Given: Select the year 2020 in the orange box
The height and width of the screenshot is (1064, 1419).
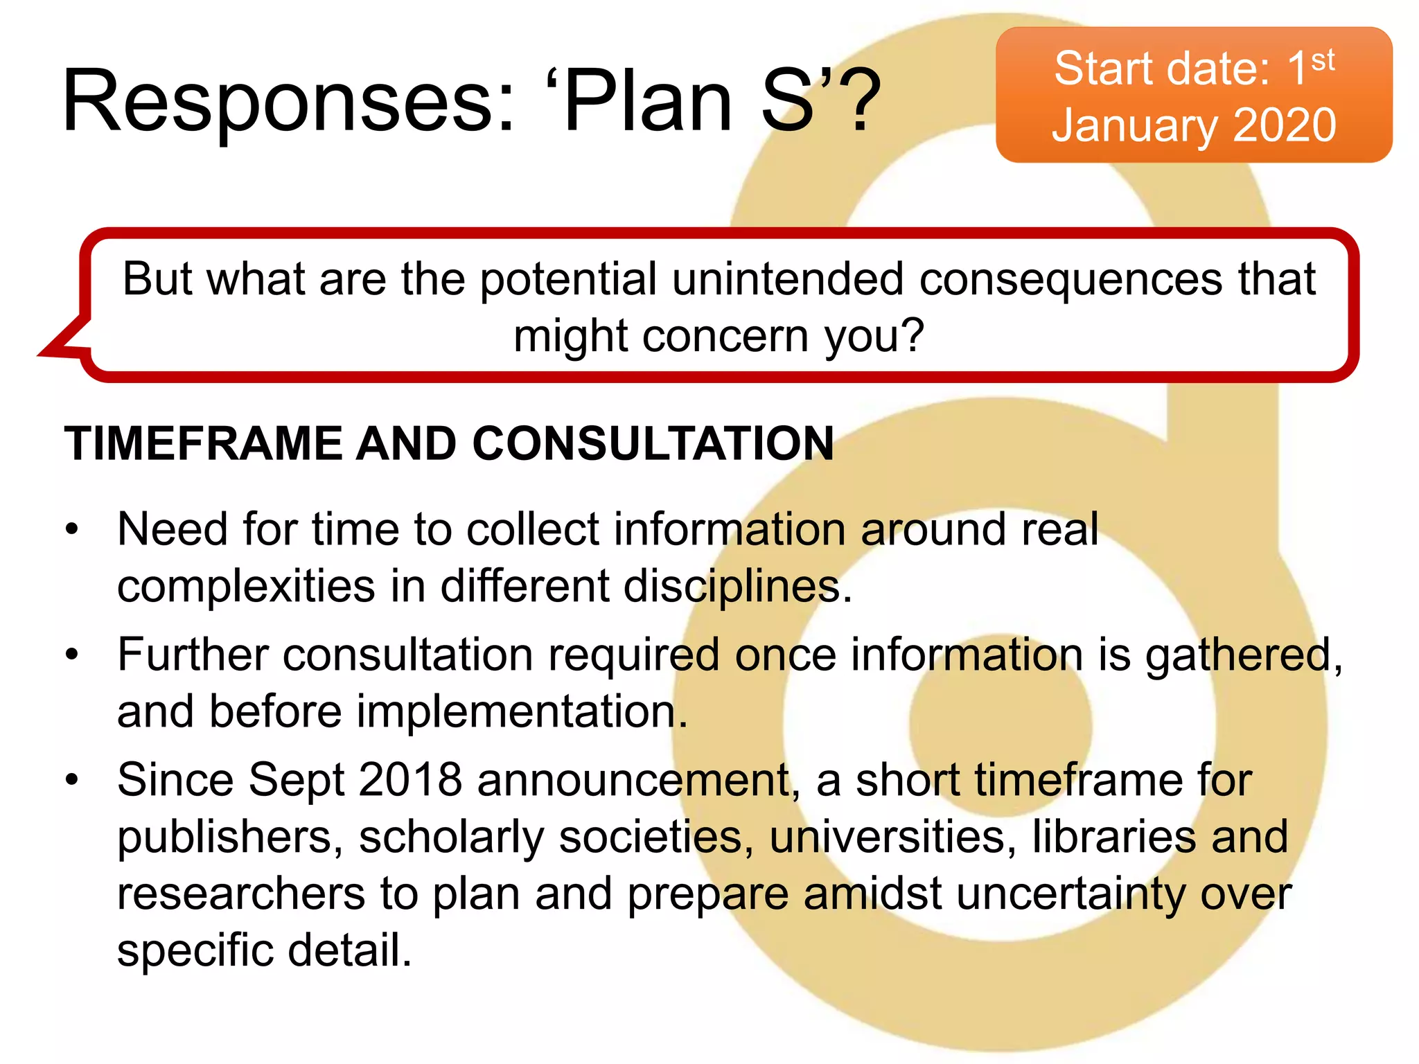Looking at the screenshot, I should (x=1285, y=125).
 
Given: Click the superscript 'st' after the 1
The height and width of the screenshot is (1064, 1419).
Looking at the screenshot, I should (x=1323, y=61).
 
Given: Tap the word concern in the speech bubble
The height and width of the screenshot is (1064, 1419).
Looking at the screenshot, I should (x=725, y=337).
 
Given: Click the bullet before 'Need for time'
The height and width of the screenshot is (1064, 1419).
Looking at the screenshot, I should (x=72, y=530).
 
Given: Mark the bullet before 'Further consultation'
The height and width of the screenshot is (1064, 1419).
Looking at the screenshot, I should (x=72, y=655).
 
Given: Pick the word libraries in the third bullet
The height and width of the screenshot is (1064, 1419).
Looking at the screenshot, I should (x=1113, y=837).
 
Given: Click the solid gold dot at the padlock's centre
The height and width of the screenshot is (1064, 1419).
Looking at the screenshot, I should (x=1000, y=726).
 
